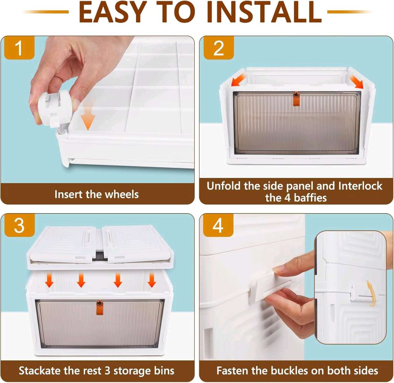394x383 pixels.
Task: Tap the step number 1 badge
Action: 19,48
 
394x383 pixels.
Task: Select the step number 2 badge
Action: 218,48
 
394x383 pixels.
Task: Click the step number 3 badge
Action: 19,226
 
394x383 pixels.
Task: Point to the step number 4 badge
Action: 218,226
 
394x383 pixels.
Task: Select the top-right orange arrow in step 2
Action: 357,81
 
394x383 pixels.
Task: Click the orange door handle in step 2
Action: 296,99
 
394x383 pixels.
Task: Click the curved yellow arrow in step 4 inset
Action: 371,293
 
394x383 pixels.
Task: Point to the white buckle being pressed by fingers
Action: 269,287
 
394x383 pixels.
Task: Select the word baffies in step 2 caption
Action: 310,198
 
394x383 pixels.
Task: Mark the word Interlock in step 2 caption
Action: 360,186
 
